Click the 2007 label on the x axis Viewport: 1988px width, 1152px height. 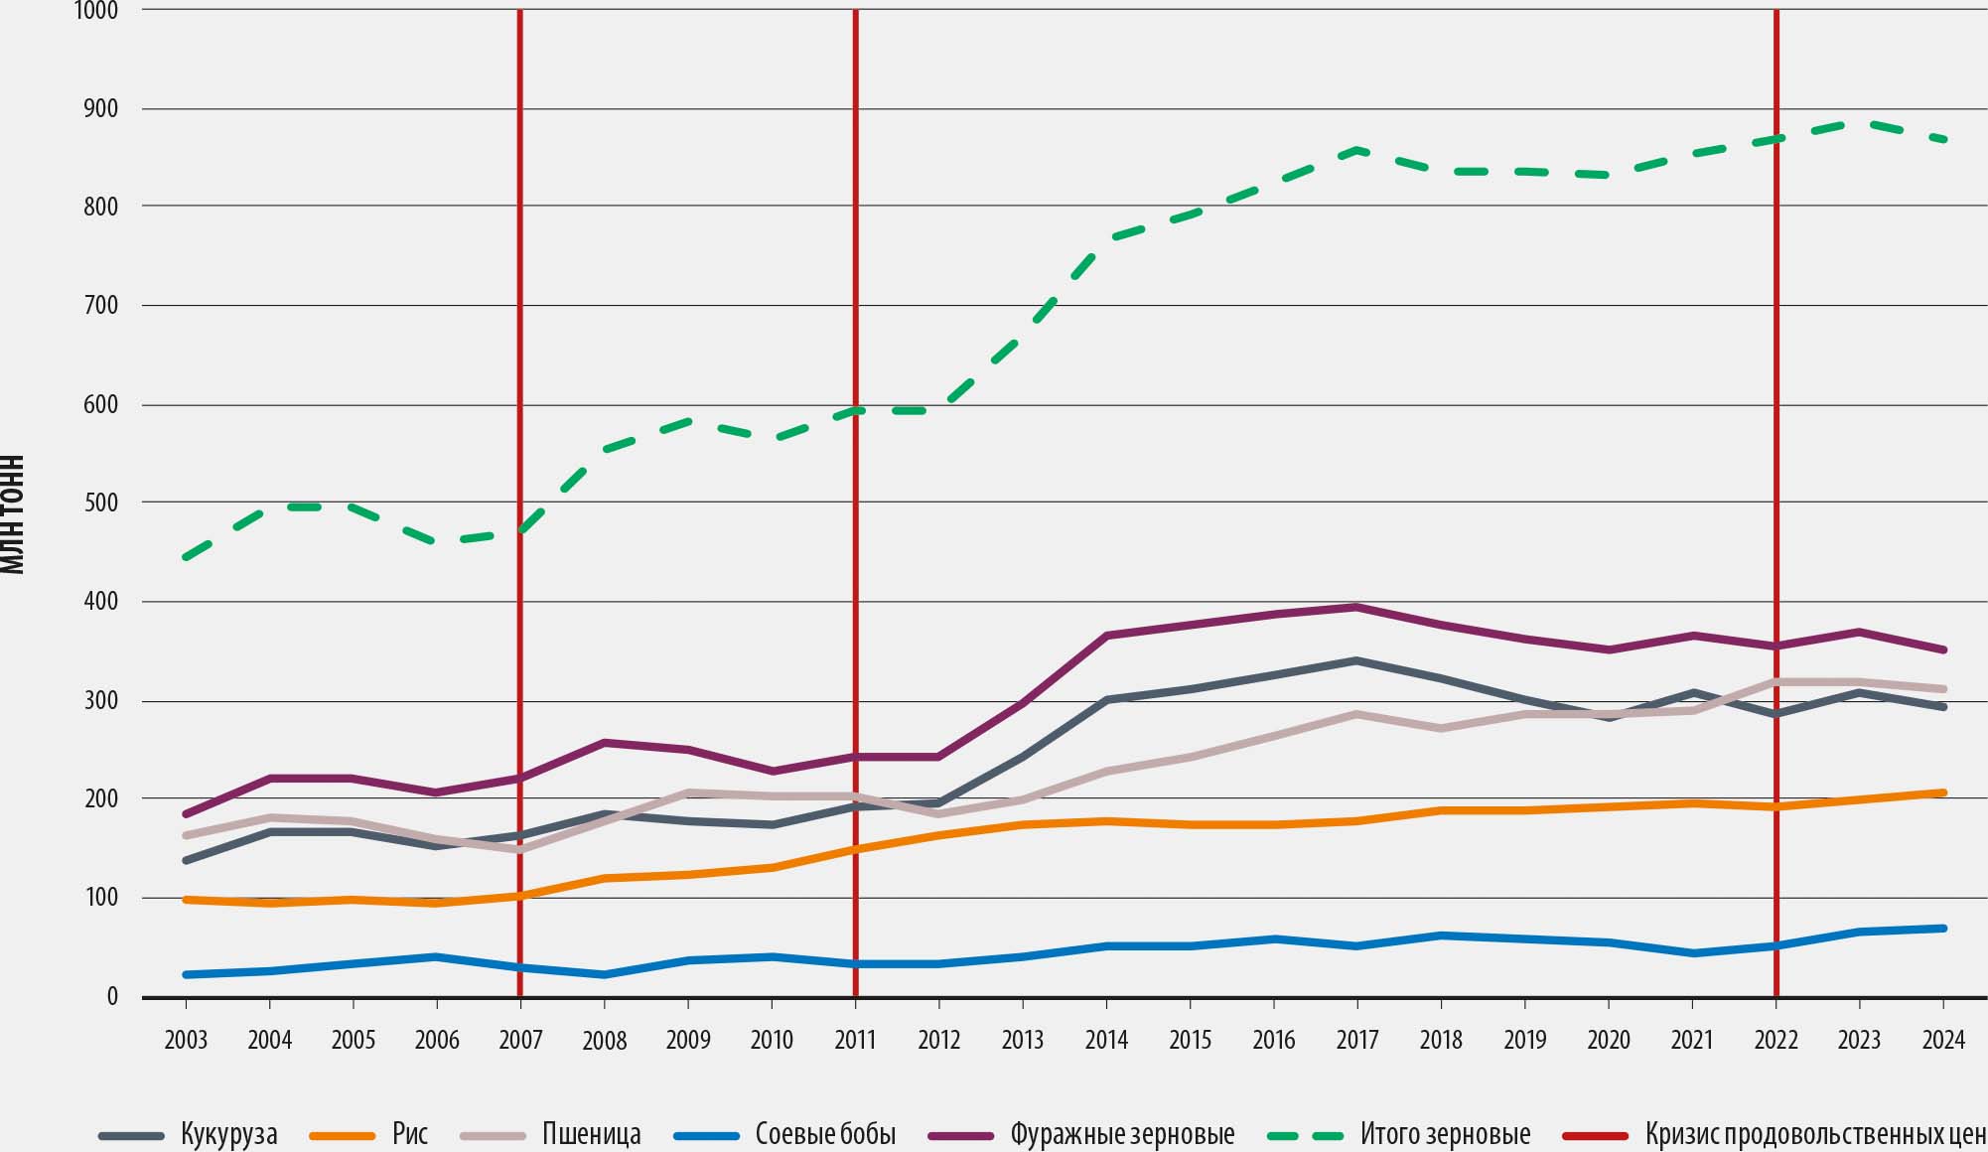tap(520, 1040)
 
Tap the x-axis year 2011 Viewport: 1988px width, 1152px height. tap(855, 1040)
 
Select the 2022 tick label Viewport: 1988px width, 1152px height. tap(1775, 1040)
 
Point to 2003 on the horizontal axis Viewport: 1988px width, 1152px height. tap(186, 1040)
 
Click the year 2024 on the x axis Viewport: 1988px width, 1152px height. tap(1943, 1040)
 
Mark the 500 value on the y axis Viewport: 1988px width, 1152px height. tap(100, 504)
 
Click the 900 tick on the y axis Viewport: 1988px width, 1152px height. tap(100, 108)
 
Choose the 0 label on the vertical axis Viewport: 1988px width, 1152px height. tap(112, 997)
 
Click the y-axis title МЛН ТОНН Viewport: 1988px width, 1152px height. tap(12, 514)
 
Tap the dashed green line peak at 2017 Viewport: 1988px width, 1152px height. tap(1356, 150)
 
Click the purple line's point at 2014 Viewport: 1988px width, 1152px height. tap(1106, 636)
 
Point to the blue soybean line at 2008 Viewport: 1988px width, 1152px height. tap(604, 974)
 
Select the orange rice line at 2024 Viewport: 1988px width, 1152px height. tap(1943, 792)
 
